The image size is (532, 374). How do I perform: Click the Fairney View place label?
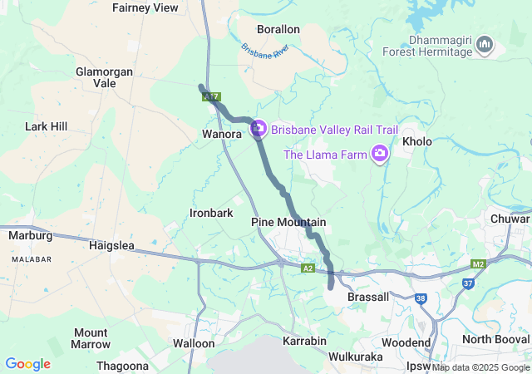coord(145,7)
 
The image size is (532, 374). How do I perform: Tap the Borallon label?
coord(278,29)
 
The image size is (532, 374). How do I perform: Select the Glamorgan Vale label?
coord(104,77)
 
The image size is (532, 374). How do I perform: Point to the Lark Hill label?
coord(46,126)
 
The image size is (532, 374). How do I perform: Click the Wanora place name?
coord(221,133)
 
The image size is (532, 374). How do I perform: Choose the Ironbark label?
coord(211,213)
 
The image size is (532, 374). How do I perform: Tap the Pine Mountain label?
coord(288,222)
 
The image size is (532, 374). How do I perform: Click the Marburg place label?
coord(30,235)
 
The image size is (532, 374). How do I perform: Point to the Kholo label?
coord(417,141)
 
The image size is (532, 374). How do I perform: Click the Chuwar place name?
coord(510,219)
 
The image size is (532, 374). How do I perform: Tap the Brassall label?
coord(368,297)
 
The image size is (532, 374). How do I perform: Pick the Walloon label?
coord(194,342)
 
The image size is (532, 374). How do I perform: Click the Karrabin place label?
coord(304,342)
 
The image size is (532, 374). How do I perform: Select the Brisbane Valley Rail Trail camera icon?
coord(258,129)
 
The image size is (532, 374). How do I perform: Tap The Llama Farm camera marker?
coord(380,153)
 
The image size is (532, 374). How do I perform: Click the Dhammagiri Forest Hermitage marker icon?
coord(485,44)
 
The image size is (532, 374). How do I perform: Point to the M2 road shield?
coord(477,264)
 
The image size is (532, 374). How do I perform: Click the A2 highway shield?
coord(308,268)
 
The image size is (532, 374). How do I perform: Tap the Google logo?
coord(27,364)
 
